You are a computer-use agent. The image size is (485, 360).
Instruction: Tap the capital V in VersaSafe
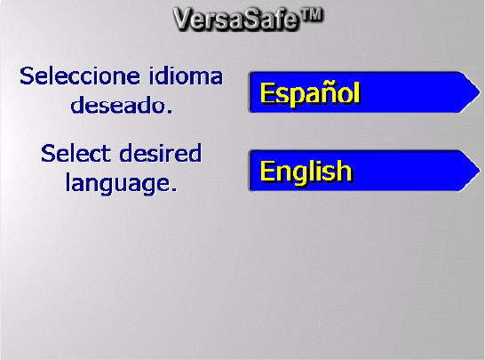185,18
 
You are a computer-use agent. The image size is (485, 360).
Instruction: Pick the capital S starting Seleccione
27,76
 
